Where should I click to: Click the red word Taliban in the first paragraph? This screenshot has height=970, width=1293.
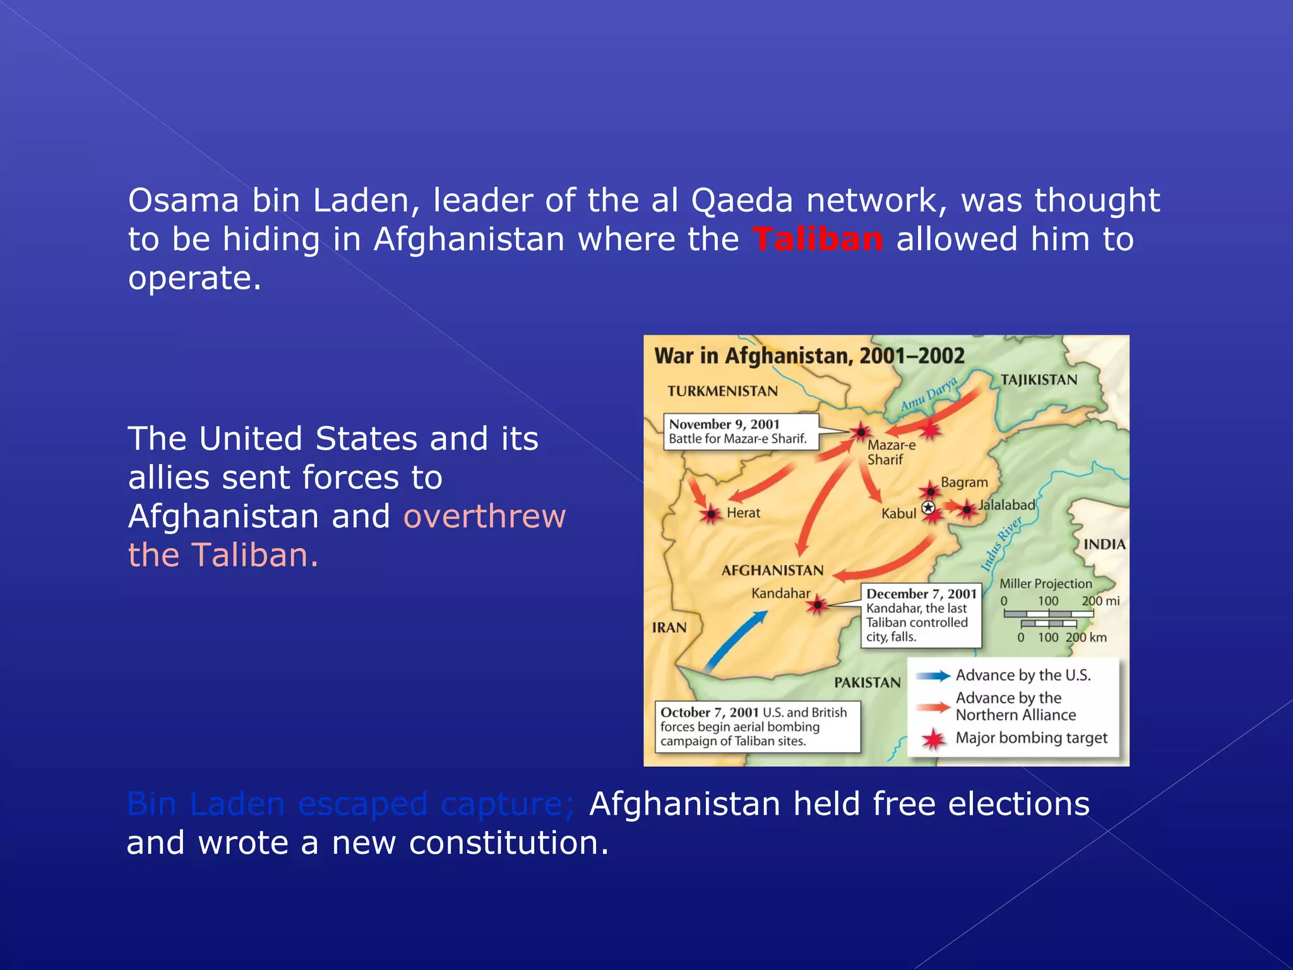coord(817,239)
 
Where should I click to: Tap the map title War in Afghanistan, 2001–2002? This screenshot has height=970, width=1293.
coord(809,356)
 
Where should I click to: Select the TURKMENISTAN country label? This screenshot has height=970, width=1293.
coord(722,392)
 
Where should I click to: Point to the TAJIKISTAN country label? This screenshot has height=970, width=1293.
coord(1039,380)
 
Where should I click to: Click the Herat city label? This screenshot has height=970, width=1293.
coord(743,513)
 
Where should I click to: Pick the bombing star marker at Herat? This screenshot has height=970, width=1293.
coord(712,515)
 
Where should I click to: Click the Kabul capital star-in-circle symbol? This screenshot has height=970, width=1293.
coord(928,508)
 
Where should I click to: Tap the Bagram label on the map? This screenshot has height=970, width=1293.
coord(964,482)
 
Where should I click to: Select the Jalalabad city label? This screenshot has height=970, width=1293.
coord(1006,505)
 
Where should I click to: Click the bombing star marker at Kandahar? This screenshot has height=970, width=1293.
coord(818,605)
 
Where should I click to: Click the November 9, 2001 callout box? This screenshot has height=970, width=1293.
coord(741,432)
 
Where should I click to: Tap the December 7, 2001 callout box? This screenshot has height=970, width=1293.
coord(921,615)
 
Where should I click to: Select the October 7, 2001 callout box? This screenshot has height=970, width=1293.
coord(757,726)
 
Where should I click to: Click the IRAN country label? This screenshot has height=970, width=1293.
coord(669,628)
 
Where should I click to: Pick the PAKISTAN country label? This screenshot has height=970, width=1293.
coord(867,683)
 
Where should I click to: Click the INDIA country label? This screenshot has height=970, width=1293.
coord(1104,544)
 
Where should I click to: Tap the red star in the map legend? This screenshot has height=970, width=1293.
coord(933,739)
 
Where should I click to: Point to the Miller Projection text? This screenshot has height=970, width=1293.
coord(1045,584)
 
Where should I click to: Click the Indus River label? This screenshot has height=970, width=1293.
coord(1001,544)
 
